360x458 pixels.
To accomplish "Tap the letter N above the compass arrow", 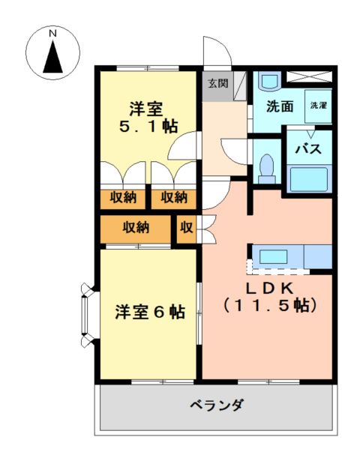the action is (x=52, y=34).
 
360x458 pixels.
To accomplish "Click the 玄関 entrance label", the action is (x=218, y=83).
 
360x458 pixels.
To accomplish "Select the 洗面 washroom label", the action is (x=280, y=106).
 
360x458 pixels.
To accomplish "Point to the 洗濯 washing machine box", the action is (x=318, y=106).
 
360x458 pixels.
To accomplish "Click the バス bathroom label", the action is (x=308, y=149).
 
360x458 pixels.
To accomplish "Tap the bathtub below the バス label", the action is (x=309, y=179).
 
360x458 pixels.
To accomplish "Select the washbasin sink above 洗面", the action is (x=270, y=80).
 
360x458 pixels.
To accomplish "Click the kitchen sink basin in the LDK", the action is (x=274, y=256).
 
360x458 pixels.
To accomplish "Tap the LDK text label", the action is (x=268, y=289).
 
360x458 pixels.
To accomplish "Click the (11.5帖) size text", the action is (x=269, y=305).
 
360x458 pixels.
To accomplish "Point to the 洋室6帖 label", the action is (x=150, y=312).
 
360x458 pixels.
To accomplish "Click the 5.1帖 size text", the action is (x=148, y=127).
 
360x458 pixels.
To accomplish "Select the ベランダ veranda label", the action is (x=217, y=406).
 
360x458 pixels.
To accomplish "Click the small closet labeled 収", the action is (x=187, y=229).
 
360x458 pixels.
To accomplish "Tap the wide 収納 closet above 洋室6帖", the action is (x=136, y=229).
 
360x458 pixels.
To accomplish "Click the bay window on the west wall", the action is (x=87, y=315).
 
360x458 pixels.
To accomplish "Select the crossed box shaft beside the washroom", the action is (x=309, y=76).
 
